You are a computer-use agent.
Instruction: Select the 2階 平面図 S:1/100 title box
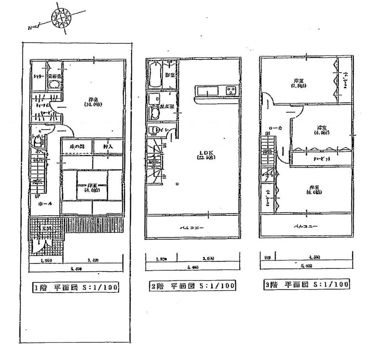pos(192,286)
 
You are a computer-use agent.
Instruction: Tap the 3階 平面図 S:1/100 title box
pos(306,284)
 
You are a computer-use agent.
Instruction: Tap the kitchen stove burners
pos(229,91)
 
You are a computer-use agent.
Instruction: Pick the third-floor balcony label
pos(306,227)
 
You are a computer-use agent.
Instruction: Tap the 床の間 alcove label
pos(76,147)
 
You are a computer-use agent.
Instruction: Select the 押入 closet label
pos(108,147)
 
